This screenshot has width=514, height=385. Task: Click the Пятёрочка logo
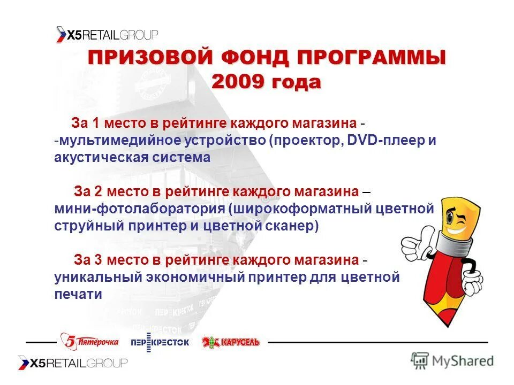coord(89,341)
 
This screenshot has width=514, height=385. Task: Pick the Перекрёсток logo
coord(160,342)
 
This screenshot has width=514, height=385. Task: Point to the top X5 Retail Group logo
coord(107,35)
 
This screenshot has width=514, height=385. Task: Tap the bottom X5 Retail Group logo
coord(73,363)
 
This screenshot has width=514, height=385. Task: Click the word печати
coord(78,294)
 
